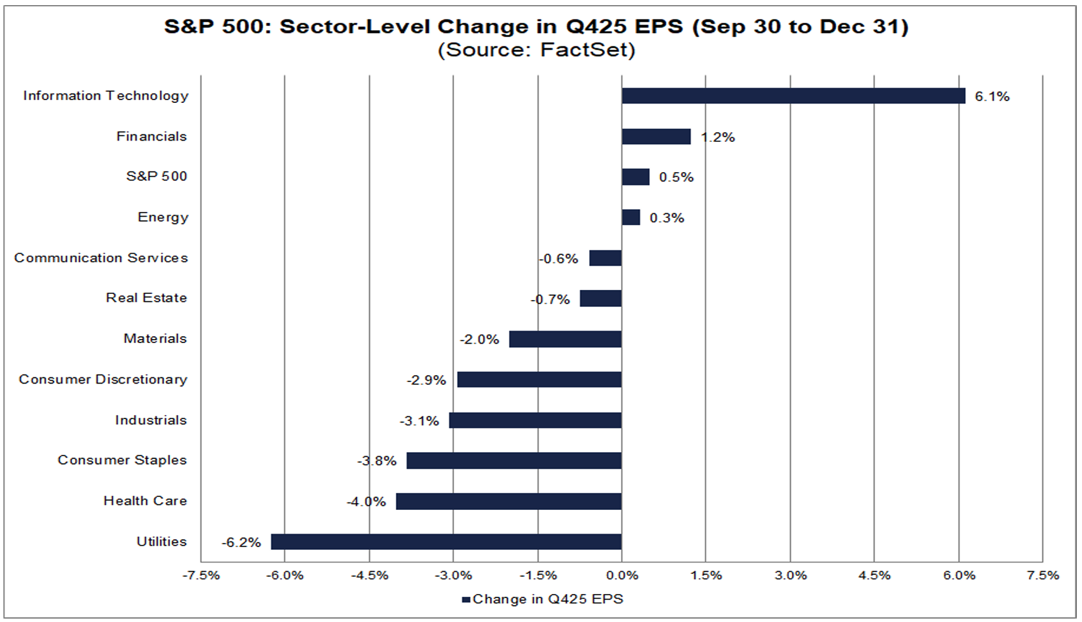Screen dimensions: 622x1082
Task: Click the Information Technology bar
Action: [x=793, y=96]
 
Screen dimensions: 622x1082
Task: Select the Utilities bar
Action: [x=446, y=542]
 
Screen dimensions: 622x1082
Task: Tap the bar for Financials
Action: [x=656, y=137]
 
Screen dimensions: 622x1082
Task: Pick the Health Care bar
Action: [x=508, y=501]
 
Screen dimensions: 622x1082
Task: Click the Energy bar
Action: [x=631, y=217]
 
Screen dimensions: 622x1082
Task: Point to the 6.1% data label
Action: [x=992, y=97]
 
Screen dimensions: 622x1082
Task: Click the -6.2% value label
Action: [x=241, y=543]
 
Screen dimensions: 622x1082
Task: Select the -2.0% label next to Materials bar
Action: [x=479, y=340]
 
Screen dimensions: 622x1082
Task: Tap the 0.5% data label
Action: [x=676, y=177]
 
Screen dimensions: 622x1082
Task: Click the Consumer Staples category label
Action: [x=122, y=460]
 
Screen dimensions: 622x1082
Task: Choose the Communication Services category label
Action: [x=101, y=258]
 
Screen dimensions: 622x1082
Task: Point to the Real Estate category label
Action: [x=146, y=298]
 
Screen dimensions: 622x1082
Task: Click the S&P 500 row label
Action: [x=156, y=176]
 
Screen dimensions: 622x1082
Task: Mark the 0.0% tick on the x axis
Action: [x=622, y=576]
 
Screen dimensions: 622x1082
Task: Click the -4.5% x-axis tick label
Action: [x=369, y=576]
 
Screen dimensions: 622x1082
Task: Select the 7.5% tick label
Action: [x=1043, y=576]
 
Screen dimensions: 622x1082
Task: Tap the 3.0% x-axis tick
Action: [x=790, y=576]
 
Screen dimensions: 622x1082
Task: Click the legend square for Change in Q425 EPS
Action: [x=466, y=600]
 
